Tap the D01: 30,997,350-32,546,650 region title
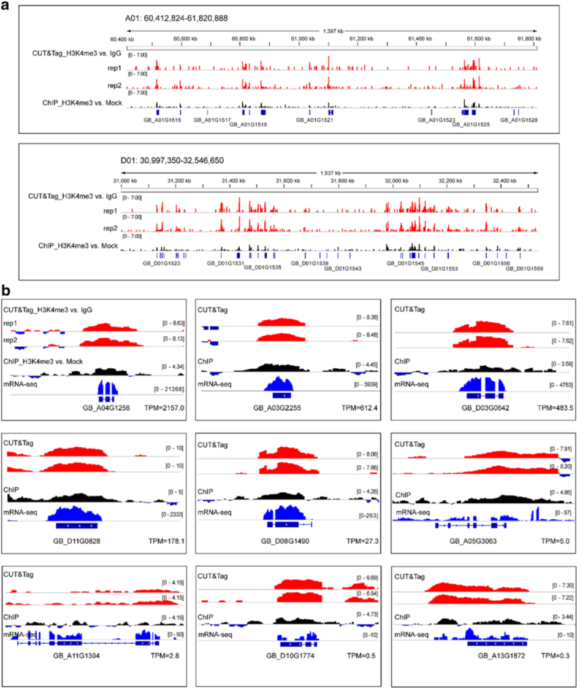pyautogui.click(x=172, y=161)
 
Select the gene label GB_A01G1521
pyautogui.click(x=314, y=120)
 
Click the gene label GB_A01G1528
pyautogui.click(x=519, y=120)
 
